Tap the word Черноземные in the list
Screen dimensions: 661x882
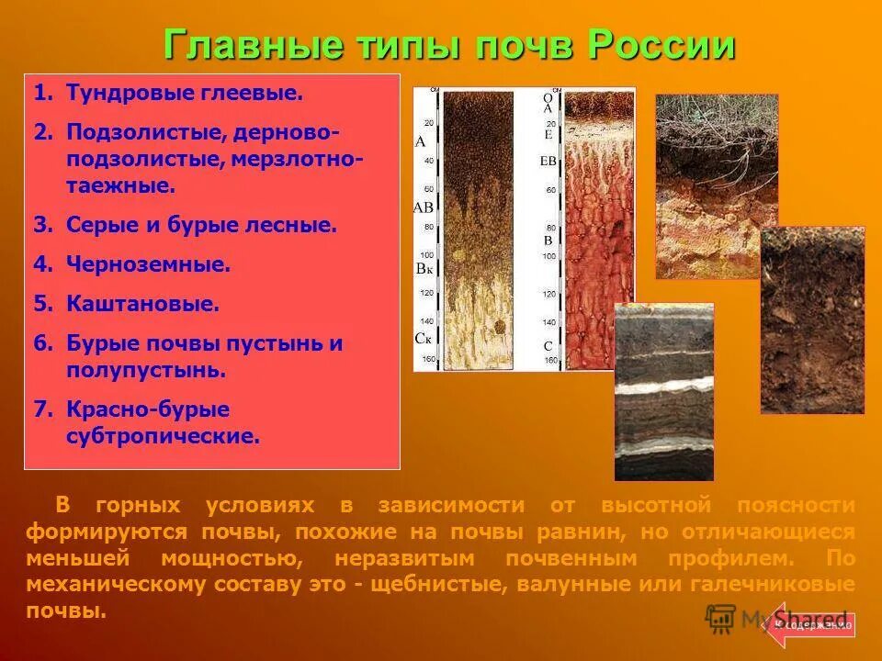click(148, 264)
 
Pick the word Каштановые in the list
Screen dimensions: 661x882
click(142, 303)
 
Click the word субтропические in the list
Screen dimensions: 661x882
click(163, 435)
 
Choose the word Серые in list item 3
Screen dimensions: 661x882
click(98, 225)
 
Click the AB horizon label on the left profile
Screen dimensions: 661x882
click(423, 207)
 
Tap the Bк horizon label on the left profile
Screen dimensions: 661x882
click(424, 269)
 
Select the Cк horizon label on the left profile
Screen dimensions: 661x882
click(424, 338)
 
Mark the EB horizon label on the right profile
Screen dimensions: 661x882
click(548, 162)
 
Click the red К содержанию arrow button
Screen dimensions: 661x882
click(811, 624)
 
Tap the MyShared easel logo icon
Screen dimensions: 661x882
click(721, 620)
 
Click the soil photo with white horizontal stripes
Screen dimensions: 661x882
click(663, 392)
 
